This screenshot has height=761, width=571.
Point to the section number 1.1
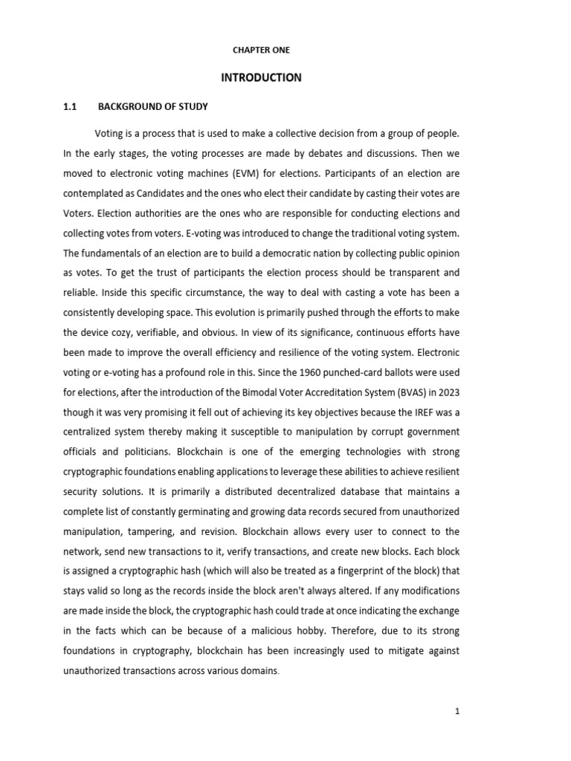[71, 107]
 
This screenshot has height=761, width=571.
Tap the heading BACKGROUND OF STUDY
[153, 107]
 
